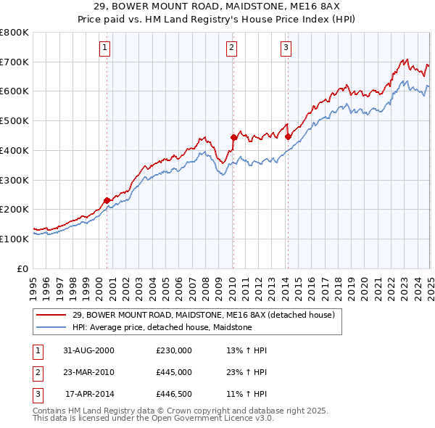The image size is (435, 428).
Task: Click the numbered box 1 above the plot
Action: (105, 49)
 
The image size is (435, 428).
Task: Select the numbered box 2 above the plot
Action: (231, 49)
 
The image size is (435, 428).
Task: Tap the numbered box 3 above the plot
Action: (286, 49)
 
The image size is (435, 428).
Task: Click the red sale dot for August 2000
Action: (107, 199)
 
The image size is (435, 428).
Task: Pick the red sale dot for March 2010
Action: (233, 136)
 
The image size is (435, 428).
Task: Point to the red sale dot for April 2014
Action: (288, 136)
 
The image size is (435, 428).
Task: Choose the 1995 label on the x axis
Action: (33, 285)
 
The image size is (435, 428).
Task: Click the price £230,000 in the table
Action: (174, 350)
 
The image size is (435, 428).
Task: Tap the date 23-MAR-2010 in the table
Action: (89, 373)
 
